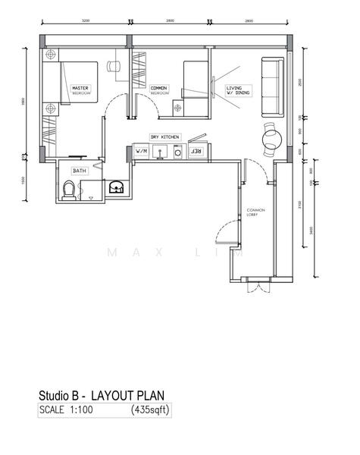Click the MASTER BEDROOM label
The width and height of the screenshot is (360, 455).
point(80,90)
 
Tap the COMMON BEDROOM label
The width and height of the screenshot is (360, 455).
point(158,89)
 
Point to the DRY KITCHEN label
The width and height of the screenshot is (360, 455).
point(164,136)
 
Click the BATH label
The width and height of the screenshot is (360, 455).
point(80,171)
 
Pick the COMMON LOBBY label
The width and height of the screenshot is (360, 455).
point(254,213)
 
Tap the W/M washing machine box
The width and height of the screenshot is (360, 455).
point(141,152)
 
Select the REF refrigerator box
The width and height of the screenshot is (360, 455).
point(196,152)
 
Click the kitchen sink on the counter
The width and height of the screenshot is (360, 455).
point(161,152)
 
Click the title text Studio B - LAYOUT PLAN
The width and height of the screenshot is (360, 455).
point(101,396)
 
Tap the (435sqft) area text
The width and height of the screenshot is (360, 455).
point(152,410)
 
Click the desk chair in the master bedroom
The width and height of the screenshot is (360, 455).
point(114,67)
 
